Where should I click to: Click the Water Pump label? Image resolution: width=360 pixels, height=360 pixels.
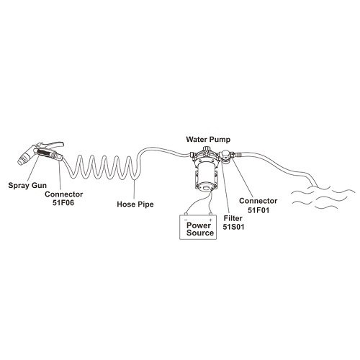coord(208,140)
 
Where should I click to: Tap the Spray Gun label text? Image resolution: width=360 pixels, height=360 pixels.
coord(27,186)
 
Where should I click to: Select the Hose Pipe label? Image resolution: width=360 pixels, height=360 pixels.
coord(135,204)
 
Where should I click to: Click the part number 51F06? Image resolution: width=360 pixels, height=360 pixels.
coord(63,203)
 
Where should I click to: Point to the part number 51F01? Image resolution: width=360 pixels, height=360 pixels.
coord(258,210)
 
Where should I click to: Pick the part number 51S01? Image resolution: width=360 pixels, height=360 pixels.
coord(233,227)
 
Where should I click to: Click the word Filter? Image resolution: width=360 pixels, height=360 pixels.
coord(233,218)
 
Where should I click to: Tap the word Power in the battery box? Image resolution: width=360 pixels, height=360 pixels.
coord(199,225)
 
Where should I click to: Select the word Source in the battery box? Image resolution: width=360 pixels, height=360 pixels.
coord(200,233)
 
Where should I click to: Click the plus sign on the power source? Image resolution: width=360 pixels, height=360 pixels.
coord(210,220)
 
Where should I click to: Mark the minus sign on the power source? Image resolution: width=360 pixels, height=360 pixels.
coord(186,220)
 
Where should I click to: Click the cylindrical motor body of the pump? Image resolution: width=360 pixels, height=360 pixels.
coord(206,171)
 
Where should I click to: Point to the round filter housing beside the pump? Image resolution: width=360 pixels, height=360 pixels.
coord(226,156)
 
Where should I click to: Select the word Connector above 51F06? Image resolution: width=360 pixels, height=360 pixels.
coord(64,194)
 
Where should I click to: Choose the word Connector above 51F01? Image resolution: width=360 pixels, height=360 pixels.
coord(258,201)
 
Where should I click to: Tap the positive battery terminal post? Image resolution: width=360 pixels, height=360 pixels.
coord(210,214)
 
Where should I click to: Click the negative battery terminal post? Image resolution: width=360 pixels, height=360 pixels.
coord(186,214)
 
